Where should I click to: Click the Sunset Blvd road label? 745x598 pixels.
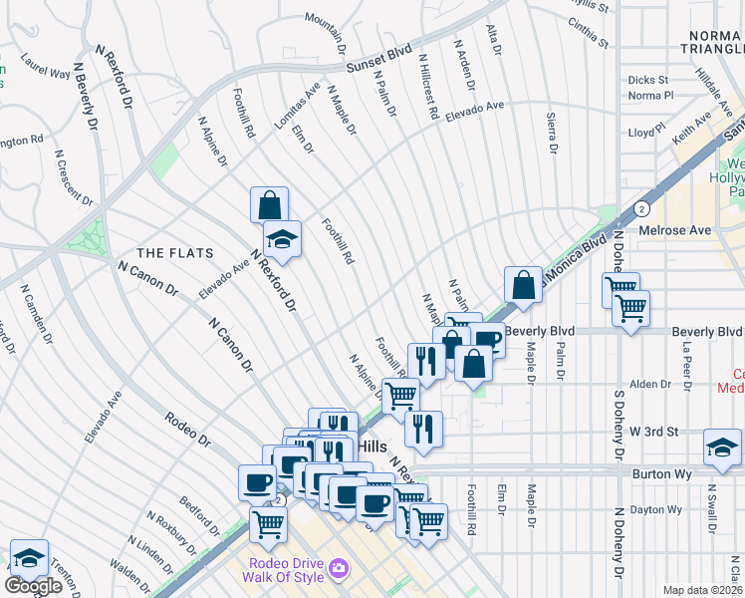(x=378, y=61)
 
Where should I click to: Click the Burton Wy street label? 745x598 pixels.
(x=662, y=474)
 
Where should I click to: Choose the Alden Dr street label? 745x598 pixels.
(x=650, y=384)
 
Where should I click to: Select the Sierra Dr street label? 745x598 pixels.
(x=551, y=133)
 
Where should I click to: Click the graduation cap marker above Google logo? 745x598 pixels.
(x=29, y=557)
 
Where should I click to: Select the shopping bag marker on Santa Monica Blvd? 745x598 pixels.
(x=523, y=285)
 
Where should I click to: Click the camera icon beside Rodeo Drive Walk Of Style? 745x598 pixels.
(x=340, y=568)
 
